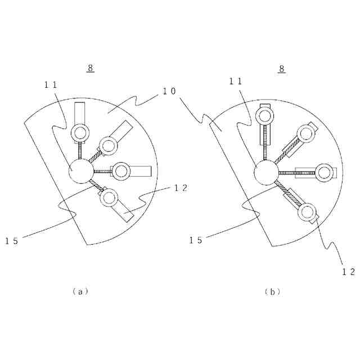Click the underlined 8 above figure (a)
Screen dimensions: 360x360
tap(91, 68)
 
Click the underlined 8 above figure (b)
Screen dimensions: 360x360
tap(282, 69)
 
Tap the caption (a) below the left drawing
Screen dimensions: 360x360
tap(80, 291)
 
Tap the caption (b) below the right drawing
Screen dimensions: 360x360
tap(272, 291)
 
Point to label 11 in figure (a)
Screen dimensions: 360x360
tap(51, 84)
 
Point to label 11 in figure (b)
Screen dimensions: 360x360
tap(236, 80)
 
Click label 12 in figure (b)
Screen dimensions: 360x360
tap(349, 271)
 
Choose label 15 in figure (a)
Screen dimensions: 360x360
tap(12, 241)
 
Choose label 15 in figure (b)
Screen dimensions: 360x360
tap(196, 240)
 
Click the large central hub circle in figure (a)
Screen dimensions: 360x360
tap(80, 171)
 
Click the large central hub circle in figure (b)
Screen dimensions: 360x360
tap(265, 173)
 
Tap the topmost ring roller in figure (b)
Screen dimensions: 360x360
tap(265, 116)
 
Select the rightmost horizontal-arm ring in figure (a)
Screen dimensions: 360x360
tap(121, 171)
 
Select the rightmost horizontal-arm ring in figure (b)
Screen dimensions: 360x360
tap(323, 172)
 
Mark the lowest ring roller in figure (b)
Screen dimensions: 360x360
tap(307, 212)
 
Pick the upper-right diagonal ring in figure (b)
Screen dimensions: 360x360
tap(306, 133)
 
